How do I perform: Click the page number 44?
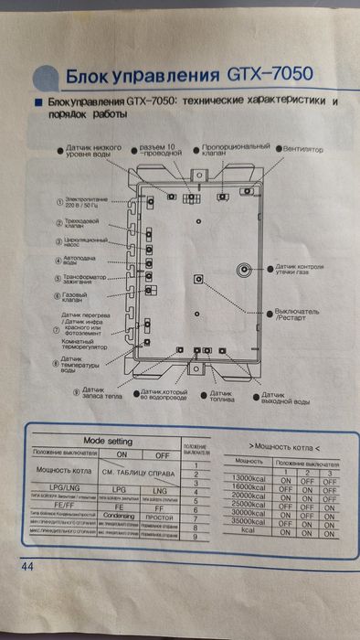click(25, 568)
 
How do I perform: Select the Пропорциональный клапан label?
click(235, 150)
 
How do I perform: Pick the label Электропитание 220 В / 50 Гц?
click(83, 201)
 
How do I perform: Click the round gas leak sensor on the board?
click(245, 270)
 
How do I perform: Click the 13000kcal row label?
click(249, 480)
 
